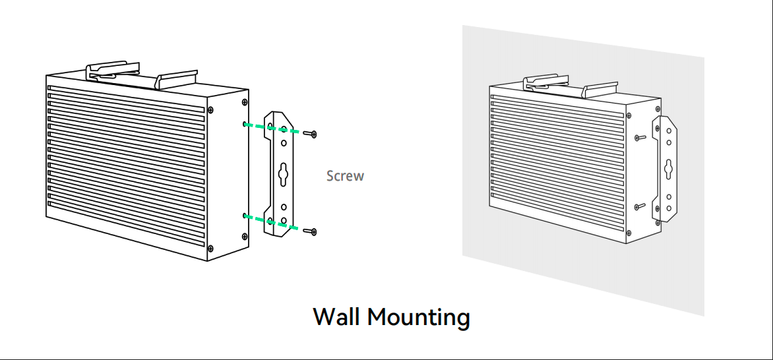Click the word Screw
pyautogui.click(x=345, y=176)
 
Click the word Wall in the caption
pyautogui.click(x=337, y=317)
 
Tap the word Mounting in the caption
pyautogui.click(x=418, y=317)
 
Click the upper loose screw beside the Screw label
pyautogui.click(x=313, y=135)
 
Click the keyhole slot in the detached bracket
pyautogui.click(x=282, y=173)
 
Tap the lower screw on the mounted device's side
pyautogui.click(x=638, y=206)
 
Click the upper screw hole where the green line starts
pyautogui.click(x=245, y=124)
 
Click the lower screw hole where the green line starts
pyautogui.click(x=245, y=216)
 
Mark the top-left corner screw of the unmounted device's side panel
pyautogui.click(x=210, y=110)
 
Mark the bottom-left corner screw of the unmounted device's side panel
pyautogui.click(x=210, y=248)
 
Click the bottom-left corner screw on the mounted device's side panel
pyautogui.click(x=627, y=233)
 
